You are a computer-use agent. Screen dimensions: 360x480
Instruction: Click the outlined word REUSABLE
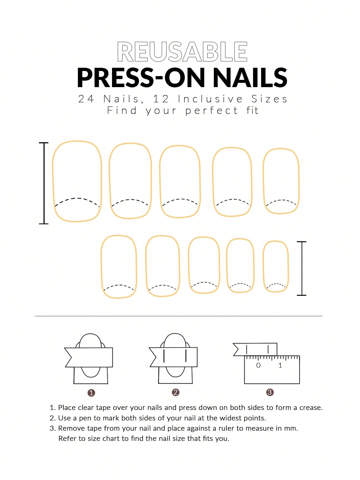coord(182,52)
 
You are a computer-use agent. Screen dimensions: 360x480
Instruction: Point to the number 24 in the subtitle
coord(86,99)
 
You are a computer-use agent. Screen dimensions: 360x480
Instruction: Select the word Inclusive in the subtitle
coord(210,99)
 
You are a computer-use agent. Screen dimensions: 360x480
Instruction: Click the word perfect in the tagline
coord(211,111)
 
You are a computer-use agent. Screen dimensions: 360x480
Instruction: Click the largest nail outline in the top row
coord(53,181)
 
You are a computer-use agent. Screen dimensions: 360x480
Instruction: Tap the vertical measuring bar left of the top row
coord(44,183)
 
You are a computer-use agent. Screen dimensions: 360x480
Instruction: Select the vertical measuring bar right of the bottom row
coord(302,268)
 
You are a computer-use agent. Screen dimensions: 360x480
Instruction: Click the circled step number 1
coord(91,393)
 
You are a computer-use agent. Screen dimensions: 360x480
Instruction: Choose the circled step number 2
coord(176,392)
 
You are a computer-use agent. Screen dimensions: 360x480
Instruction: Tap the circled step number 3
coord(270,392)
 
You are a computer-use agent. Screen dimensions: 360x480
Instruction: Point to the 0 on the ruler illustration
coord(258,365)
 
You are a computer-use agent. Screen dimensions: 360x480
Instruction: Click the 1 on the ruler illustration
coord(280,365)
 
